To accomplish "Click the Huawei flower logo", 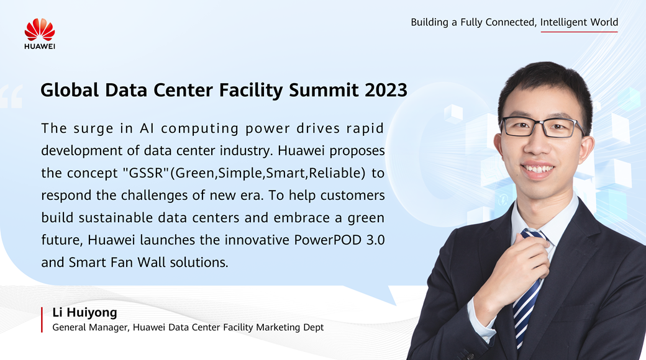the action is point(40,29).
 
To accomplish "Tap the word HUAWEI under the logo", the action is point(40,46).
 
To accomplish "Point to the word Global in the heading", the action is point(70,90).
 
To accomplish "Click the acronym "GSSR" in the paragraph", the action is point(146,173).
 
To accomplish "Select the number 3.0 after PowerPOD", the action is point(375,240).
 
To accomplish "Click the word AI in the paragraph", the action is point(146,128).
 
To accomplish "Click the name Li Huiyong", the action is point(85,313).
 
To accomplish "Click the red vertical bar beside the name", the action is point(42,320).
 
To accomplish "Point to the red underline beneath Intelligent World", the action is point(580,32).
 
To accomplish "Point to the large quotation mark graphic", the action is point(11,96).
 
